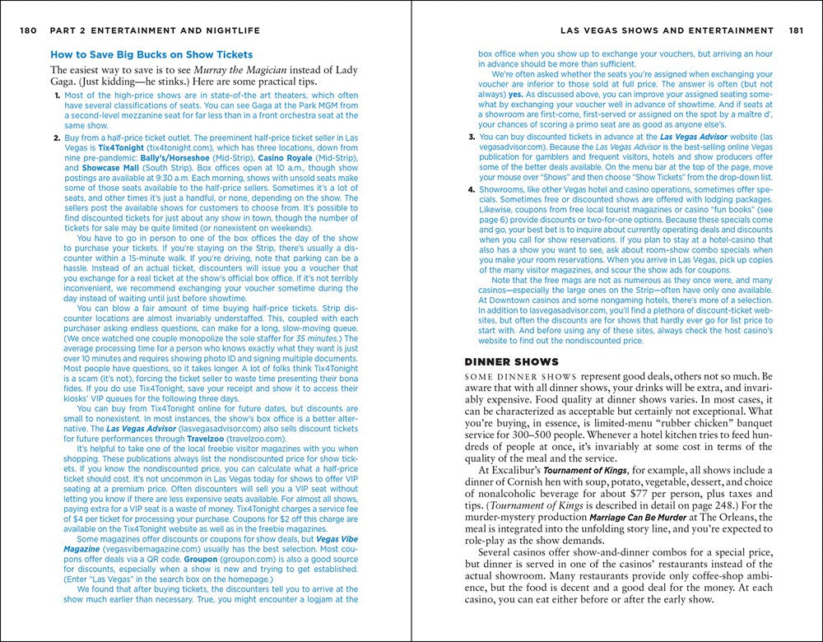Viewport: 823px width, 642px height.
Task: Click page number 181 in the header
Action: pyautogui.click(x=794, y=30)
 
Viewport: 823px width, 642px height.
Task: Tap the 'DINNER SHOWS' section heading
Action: pyautogui.click(x=512, y=362)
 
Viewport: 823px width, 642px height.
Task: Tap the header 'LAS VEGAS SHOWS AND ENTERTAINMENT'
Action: pyautogui.click(x=666, y=30)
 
